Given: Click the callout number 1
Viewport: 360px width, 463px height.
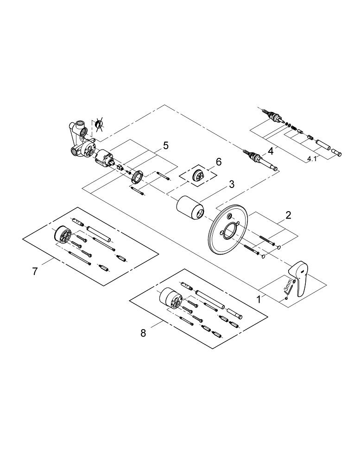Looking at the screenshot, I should (x=259, y=299).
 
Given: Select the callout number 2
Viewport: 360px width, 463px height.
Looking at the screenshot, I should (x=288, y=215).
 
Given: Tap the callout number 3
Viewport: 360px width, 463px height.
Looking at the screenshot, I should (x=232, y=184).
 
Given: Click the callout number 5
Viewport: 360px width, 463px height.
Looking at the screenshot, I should (x=165, y=146).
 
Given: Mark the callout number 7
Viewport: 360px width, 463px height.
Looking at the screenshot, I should (x=35, y=271).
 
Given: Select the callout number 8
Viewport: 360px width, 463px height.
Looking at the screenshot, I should (x=143, y=332).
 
